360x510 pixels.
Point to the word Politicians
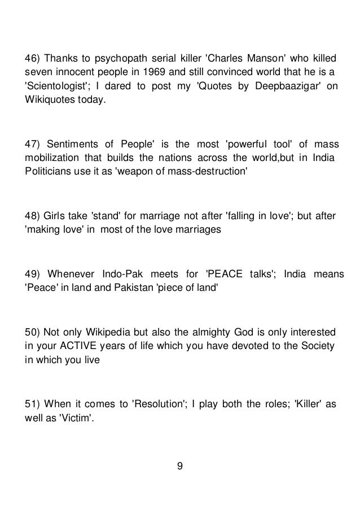45,171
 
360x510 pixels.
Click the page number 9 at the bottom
179,467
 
